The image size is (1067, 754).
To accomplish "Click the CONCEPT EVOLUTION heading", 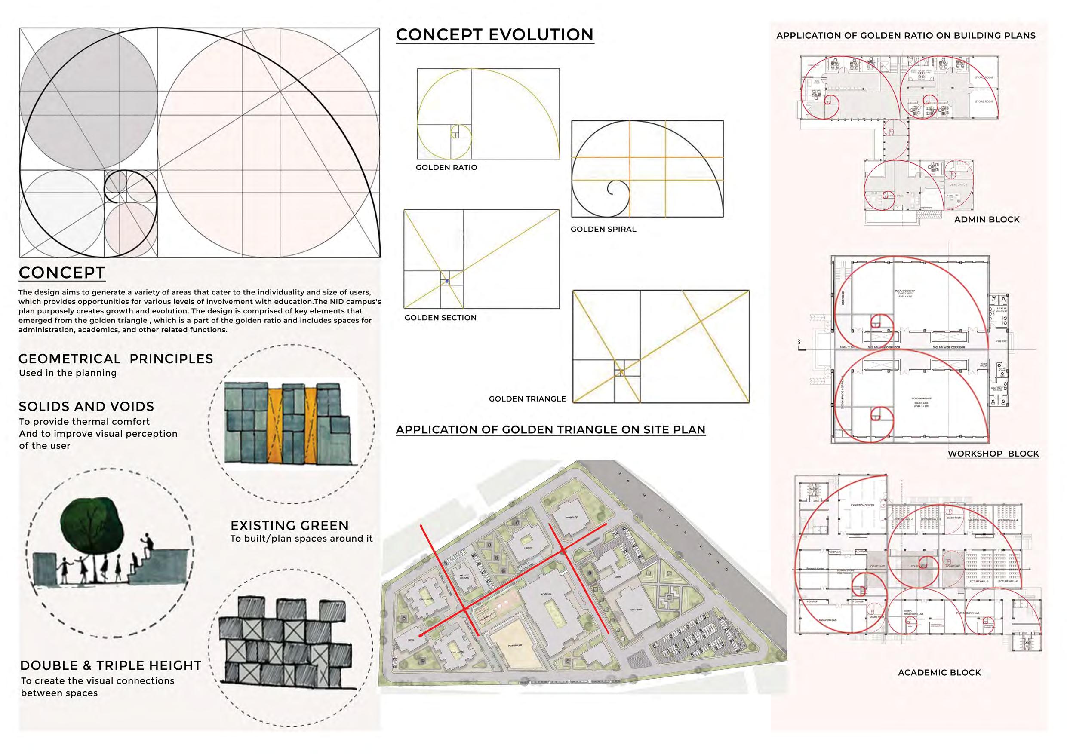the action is click(495, 35).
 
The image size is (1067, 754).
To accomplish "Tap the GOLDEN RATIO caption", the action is click(446, 167).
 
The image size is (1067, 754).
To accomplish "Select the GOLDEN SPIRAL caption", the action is click(603, 229).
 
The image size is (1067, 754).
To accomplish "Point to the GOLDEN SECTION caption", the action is click(440, 318).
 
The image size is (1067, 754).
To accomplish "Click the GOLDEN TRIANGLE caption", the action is click(527, 398).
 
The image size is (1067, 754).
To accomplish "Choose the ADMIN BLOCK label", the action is click(987, 219).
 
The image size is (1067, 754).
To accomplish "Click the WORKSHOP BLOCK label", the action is click(993, 454).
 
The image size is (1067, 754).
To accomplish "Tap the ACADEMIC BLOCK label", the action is click(939, 672).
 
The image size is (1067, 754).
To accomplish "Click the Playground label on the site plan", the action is click(515, 645).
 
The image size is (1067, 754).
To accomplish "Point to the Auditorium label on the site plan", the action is click(636, 609).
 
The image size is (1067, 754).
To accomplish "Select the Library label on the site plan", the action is click(529, 548).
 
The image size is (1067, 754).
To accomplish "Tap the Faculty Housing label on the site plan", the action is click(464, 576).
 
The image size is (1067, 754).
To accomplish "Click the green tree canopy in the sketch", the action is click(92, 519).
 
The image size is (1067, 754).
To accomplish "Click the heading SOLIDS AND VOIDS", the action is click(86, 407).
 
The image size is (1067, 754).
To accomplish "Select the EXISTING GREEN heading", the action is click(289, 525).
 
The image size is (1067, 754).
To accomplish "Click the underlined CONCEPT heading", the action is click(62, 273).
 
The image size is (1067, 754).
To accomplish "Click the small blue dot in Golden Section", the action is click(446, 282).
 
